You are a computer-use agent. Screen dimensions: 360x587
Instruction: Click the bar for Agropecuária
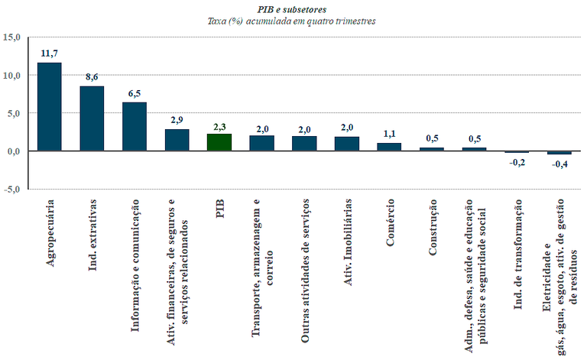(x=50, y=106)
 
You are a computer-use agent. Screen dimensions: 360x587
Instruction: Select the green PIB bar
(x=219, y=142)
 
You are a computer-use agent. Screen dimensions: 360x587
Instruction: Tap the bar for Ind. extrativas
(x=92, y=118)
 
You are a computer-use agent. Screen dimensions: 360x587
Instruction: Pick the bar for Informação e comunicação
(x=135, y=126)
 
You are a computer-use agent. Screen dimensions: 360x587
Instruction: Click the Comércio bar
(x=389, y=147)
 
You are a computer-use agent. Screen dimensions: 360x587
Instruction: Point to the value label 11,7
(x=50, y=53)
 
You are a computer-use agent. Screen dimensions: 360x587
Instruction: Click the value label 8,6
(x=92, y=76)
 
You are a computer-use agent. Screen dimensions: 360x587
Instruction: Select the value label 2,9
(x=177, y=120)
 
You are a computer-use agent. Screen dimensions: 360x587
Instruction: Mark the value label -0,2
(x=517, y=163)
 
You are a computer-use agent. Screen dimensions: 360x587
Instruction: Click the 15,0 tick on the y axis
(x=13, y=37)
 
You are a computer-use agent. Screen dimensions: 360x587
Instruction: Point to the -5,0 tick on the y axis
(x=13, y=189)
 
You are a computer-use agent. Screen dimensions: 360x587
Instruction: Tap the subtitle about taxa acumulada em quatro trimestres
(x=292, y=21)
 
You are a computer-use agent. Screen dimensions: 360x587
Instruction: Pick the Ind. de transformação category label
(x=517, y=251)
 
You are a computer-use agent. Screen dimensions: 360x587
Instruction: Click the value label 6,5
(x=135, y=93)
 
